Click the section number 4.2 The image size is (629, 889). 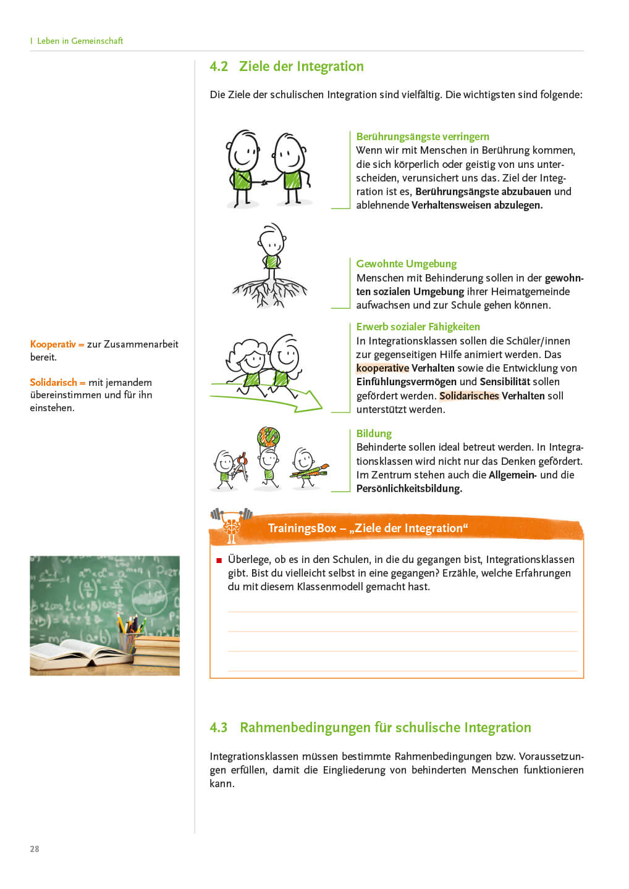coord(219,67)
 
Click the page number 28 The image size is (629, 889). coord(35,849)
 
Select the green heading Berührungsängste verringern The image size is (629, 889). coord(423,136)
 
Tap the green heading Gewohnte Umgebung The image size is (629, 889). coord(406,264)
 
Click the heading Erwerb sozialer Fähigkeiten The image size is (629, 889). coord(418,327)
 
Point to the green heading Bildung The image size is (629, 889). coord(374,433)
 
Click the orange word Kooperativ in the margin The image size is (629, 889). coord(53,344)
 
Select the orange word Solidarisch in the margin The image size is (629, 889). coord(53,383)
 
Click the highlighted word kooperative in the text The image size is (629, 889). coord(382,369)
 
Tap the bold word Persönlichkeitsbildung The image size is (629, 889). coord(409,489)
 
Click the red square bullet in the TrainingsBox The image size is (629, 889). coord(219,561)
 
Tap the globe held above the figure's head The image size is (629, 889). coord(269,437)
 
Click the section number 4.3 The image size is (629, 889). coord(219,728)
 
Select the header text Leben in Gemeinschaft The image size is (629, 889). coord(80,41)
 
